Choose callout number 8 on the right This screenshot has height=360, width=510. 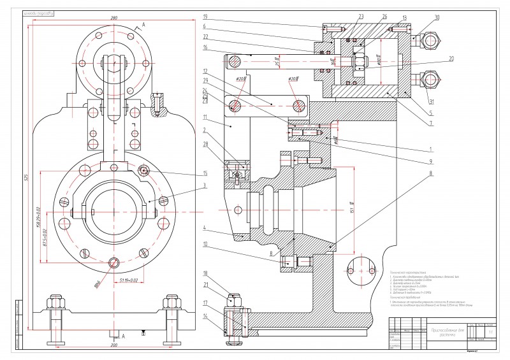click(x=430, y=172)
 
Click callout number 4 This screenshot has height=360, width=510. click(x=205, y=227)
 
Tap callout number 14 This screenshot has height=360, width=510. click(x=205, y=315)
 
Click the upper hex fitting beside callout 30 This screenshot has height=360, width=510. click(x=431, y=41)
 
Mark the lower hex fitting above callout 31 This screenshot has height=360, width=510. click(x=430, y=81)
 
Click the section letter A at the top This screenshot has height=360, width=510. click(x=144, y=24)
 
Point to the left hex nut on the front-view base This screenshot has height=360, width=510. click(x=56, y=301)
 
